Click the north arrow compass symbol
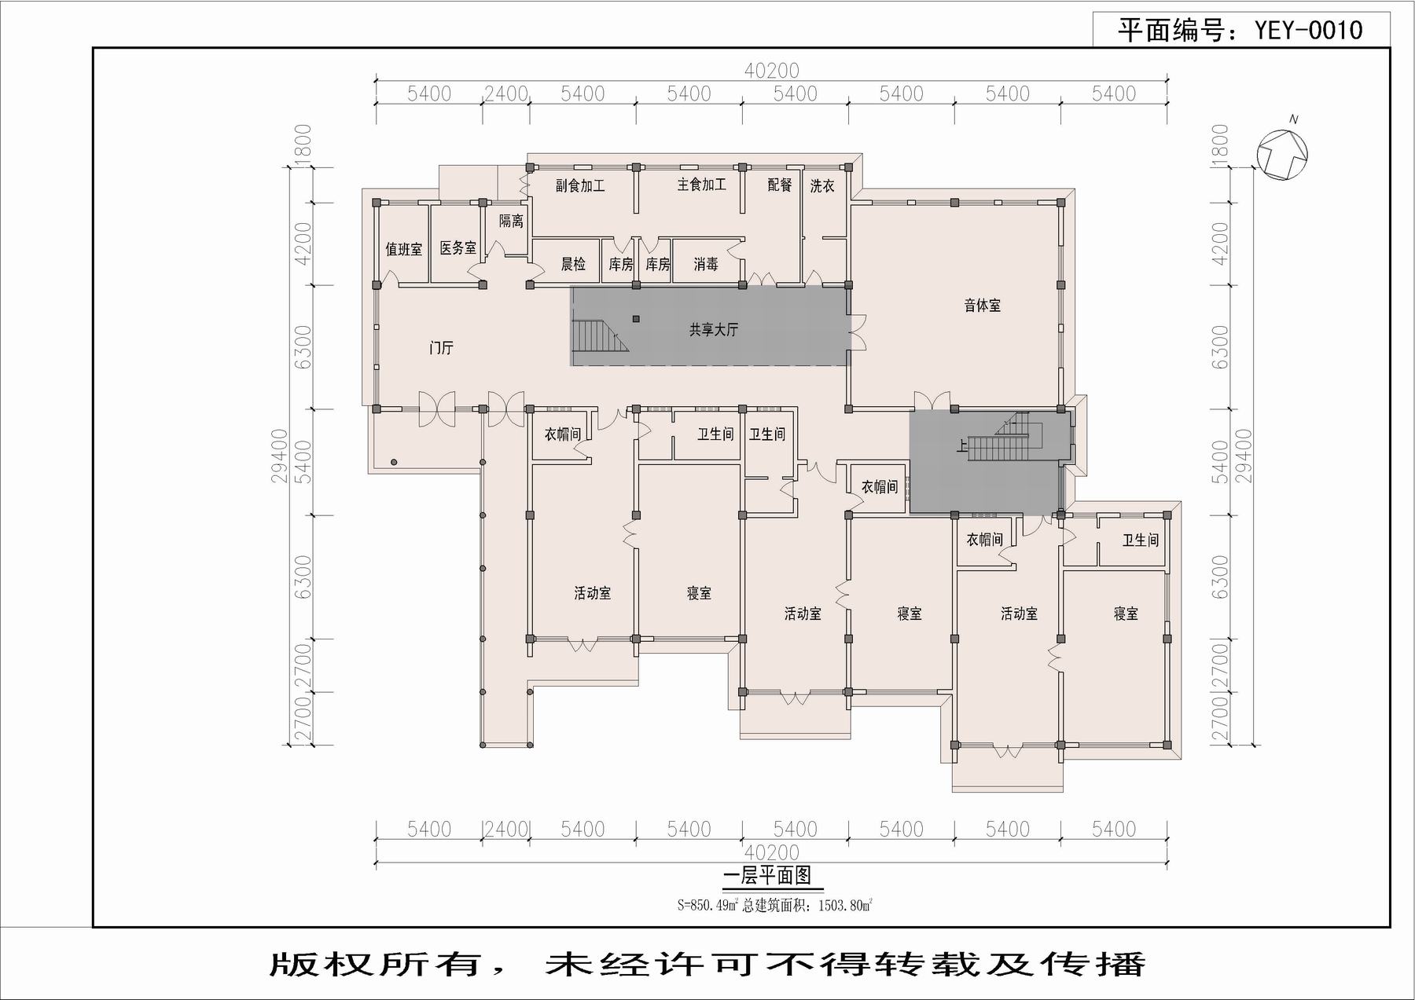pyautogui.click(x=1281, y=154)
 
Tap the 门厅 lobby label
pyautogui.click(x=442, y=347)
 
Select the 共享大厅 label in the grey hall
pyautogui.click(x=714, y=330)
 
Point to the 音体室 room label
pyautogui.click(x=983, y=306)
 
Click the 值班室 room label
pyautogui.click(x=403, y=250)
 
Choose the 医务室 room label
pyautogui.click(x=458, y=248)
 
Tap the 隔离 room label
pyautogui.click(x=511, y=222)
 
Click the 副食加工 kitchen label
pyautogui.click(x=580, y=186)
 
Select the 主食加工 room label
pyautogui.click(x=701, y=185)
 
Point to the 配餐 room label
pyautogui.click(x=780, y=185)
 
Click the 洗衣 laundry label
pyautogui.click(x=822, y=186)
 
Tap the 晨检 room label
pyautogui.click(x=573, y=265)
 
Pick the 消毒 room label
pyautogui.click(x=706, y=265)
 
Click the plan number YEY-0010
pyautogui.click(x=1308, y=31)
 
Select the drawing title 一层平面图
pyautogui.click(x=766, y=876)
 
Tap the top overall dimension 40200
pyautogui.click(x=771, y=71)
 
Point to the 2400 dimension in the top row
pyautogui.click(x=505, y=94)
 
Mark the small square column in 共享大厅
pyautogui.click(x=636, y=319)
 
